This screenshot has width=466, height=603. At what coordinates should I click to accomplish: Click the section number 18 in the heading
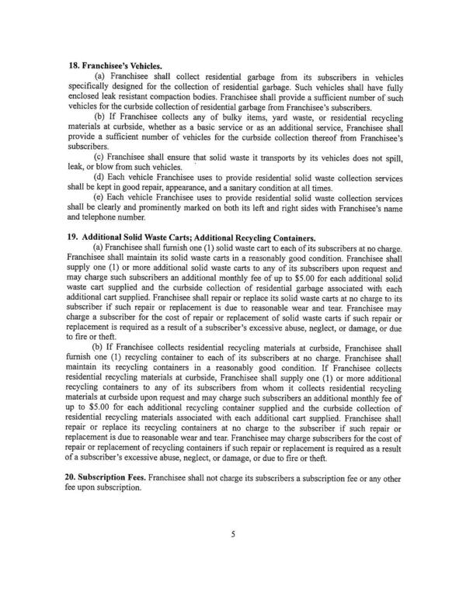point(68,68)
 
